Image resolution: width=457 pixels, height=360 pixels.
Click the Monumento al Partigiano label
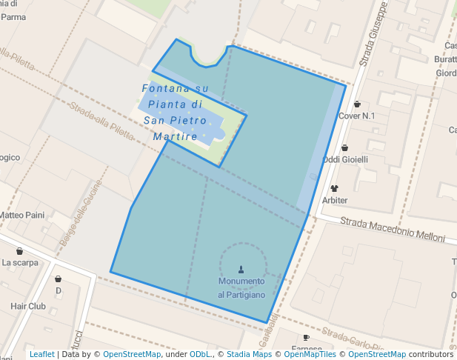tap(241, 288)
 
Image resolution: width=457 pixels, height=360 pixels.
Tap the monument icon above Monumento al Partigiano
tap(241, 270)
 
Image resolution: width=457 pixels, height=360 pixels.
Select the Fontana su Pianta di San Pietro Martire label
tap(175, 113)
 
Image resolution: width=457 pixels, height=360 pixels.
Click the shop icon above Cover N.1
tap(357, 104)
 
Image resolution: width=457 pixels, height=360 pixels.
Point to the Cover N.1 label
tap(357, 116)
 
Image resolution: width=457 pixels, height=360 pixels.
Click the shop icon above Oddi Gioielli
tap(344, 148)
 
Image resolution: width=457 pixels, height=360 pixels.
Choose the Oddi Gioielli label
tap(345, 159)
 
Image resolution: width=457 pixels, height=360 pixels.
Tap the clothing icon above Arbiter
tap(334, 189)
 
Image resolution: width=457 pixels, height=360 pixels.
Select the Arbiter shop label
tap(335, 200)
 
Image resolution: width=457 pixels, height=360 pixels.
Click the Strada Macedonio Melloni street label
tap(393, 229)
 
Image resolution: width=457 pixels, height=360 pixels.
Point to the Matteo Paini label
tap(21, 216)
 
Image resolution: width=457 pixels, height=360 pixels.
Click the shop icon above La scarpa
tap(19, 252)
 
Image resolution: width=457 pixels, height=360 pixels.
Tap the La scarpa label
tap(19, 262)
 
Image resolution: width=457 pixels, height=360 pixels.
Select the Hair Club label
tap(28, 306)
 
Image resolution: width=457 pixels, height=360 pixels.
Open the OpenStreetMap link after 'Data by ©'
tap(132, 355)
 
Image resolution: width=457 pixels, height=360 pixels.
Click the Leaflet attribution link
tap(41, 355)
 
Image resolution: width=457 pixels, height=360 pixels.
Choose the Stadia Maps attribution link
tap(249, 355)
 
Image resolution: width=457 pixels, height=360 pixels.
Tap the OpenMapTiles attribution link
tap(311, 355)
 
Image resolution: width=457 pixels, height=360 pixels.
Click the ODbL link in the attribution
tap(200, 355)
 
